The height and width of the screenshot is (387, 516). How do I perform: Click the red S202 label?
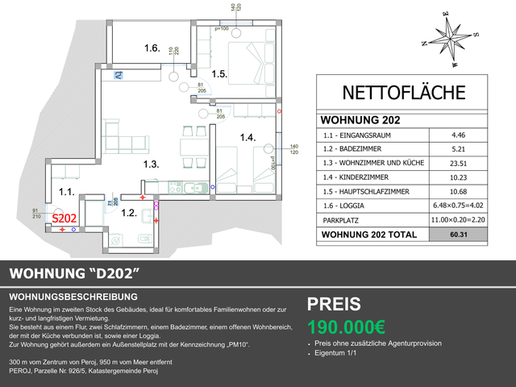pyautogui.click(x=64, y=218)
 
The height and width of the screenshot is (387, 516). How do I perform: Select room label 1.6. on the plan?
pyautogui.click(x=152, y=48)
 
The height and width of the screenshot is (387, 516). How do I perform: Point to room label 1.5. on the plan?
pyautogui.click(x=220, y=74)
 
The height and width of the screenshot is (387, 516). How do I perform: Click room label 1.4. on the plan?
pyautogui.click(x=248, y=138)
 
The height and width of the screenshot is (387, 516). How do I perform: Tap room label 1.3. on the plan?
pyautogui.click(x=152, y=164)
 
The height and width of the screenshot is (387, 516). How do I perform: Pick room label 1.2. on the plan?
pyautogui.click(x=129, y=214)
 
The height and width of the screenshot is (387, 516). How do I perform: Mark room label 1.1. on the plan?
pyautogui.click(x=67, y=192)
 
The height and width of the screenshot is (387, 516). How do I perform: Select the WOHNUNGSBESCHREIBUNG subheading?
pyautogui.click(x=73, y=297)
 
